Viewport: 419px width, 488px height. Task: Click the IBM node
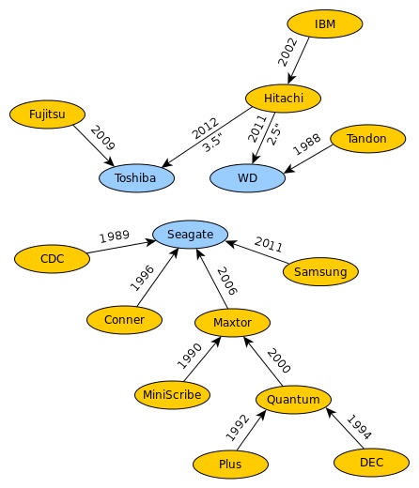tap(325, 23)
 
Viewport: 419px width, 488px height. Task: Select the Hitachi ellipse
tap(283, 99)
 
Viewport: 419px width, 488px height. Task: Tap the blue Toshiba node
tap(136, 178)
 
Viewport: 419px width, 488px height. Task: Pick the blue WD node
tap(247, 178)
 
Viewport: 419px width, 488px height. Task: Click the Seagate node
tap(190, 235)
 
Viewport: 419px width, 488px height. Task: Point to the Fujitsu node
tap(47, 114)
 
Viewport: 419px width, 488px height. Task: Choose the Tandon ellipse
tap(368, 139)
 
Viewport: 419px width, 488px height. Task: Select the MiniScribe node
tap(172, 395)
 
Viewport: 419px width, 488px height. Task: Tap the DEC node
tap(371, 463)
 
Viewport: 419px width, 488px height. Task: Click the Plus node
tap(230, 464)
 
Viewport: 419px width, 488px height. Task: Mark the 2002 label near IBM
tap(287, 52)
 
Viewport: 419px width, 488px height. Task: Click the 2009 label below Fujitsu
tap(103, 138)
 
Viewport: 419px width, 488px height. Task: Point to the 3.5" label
tap(213, 143)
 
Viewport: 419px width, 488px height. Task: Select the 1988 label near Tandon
tap(306, 145)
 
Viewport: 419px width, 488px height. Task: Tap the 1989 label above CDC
tap(115, 236)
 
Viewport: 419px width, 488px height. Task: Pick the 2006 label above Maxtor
tap(227, 281)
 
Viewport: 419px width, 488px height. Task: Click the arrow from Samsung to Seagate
tap(256, 252)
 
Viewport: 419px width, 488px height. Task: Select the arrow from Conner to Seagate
tap(158, 277)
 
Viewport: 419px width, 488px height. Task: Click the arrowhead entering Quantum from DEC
tap(330, 412)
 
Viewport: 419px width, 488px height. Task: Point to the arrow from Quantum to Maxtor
tap(263, 361)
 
